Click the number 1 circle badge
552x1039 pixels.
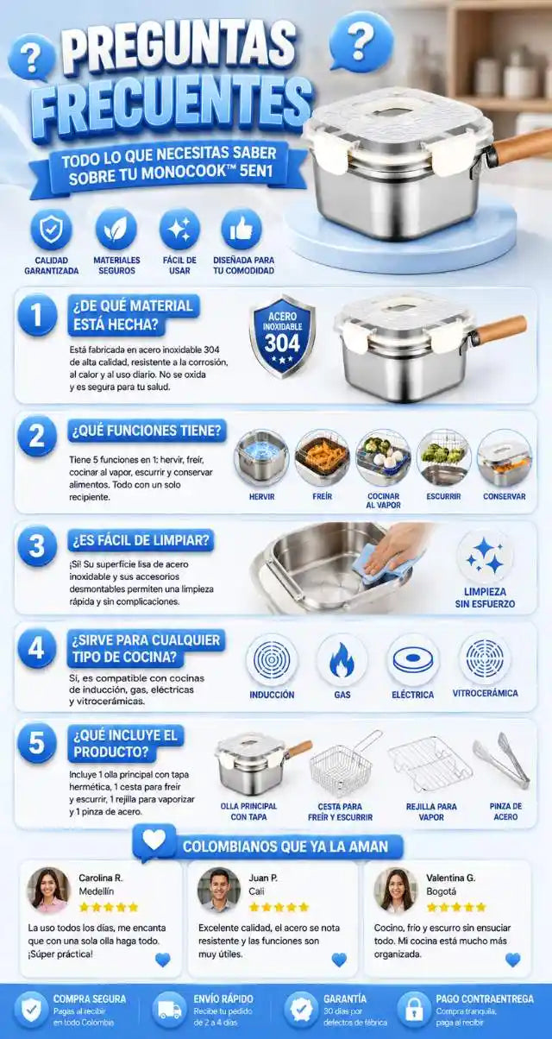tap(37, 314)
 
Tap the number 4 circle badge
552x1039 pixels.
tap(37, 648)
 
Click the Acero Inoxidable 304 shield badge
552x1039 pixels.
tap(282, 336)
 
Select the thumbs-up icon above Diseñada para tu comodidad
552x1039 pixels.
tap(241, 230)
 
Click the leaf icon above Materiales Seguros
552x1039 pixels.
tap(116, 230)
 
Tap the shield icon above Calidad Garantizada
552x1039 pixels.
tap(51, 230)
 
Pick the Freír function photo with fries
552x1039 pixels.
tap(322, 458)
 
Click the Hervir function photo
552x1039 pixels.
tap(261, 458)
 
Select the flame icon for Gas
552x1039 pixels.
tap(342, 659)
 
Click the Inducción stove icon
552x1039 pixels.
tap(272, 659)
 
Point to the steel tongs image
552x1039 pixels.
tap(501, 759)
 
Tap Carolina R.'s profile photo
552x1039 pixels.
tap(48, 890)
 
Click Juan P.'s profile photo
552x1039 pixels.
tap(219, 890)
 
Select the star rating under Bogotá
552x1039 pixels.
tap(456, 907)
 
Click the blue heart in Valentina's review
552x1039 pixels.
tap(512, 960)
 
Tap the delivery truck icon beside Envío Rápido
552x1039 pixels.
tap(169, 1010)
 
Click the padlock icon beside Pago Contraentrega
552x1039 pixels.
tap(414, 1010)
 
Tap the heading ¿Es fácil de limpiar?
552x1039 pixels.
tap(141, 540)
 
